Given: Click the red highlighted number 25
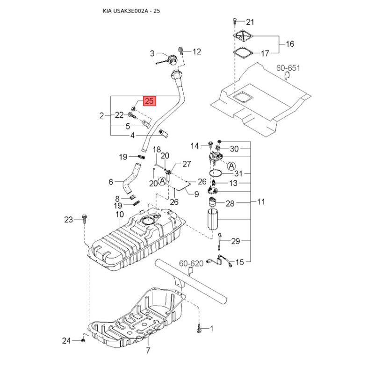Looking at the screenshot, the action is click(x=149, y=101).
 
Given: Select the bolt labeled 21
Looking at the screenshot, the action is click(x=235, y=22).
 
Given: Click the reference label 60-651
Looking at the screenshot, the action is click(x=288, y=68).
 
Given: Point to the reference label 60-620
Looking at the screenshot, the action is click(x=191, y=263).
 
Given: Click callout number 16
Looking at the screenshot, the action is click(x=290, y=44).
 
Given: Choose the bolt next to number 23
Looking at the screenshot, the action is click(x=84, y=219).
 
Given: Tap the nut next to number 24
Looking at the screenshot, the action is click(x=83, y=340).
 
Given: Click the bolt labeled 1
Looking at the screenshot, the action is click(x=199, y=329).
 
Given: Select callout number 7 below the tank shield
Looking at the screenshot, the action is click(x=148, y=350).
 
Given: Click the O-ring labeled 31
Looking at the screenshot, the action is click(x=216, y=173).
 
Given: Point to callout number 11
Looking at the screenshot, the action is click(x=261, y=202).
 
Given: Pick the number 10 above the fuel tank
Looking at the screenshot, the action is click(x=120, y=214).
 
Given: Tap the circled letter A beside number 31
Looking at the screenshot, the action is click(x=231, y=166).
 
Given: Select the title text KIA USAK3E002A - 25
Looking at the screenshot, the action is click(x=131, y=11).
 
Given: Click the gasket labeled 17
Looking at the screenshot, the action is click(x=243, y=53).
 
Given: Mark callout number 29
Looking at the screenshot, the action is click(x=236, y=241).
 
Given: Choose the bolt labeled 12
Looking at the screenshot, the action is click(x=181, y=51).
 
